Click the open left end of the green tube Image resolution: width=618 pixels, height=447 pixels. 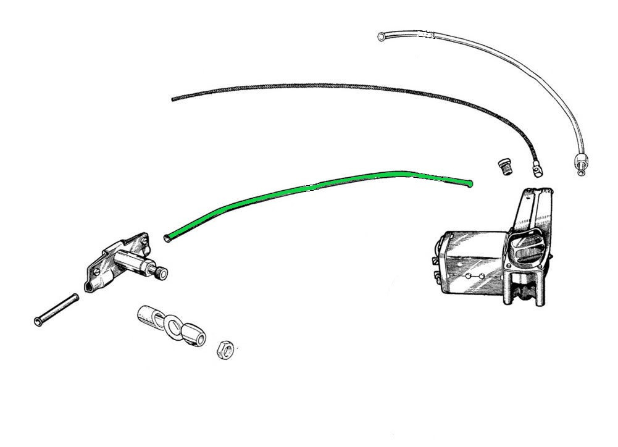click(167, 237)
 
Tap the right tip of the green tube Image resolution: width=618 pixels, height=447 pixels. click(470, 183)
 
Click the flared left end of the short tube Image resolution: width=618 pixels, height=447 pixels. click(38, 321)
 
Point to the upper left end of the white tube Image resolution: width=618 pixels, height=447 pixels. click(381, 36)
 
